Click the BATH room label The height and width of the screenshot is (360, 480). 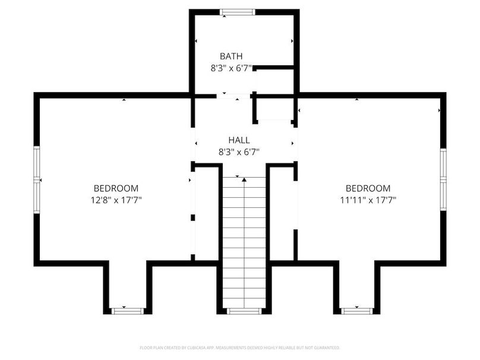click(x=231, y=56)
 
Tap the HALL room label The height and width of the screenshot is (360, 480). click(x=239, y=140)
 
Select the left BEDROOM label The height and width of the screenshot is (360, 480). click(x=116, y=188)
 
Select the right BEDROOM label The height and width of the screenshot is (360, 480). click(x=368, y=188)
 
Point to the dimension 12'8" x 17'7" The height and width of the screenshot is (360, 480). click(x=116, y=200)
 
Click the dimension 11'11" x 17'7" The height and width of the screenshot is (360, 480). click(x=368, y=200)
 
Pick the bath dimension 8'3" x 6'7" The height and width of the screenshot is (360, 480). click(x=231, y=68)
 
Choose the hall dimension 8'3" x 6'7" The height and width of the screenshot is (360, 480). click(x=239, y=152)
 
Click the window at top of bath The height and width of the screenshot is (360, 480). click(x=238, y=12)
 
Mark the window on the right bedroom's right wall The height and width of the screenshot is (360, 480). click(x=443, y=179)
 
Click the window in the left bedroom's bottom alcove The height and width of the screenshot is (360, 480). click(x=128, y=310)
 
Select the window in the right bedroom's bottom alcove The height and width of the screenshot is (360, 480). click(x=357, y=310)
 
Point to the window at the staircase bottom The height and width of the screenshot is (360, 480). click(x=244, y=310)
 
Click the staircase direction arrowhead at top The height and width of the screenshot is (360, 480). click(x=244, y=178)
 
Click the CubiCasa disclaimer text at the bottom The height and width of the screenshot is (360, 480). click(x=240, y=347)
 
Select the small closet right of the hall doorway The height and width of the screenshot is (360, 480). click(x=274, y=109)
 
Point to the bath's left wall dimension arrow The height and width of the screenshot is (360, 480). click(x=196, y=41)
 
